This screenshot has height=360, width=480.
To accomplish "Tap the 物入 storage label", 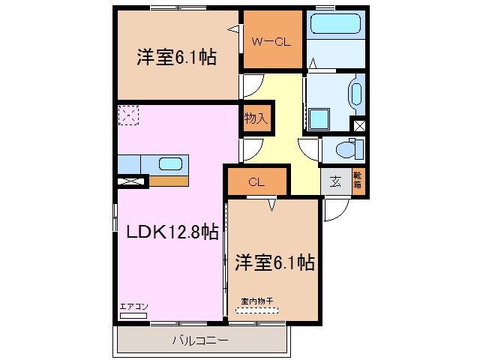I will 254,119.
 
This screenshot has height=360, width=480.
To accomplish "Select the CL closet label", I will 256,181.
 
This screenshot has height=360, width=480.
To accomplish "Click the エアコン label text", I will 134,306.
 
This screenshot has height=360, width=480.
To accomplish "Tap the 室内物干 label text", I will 257,301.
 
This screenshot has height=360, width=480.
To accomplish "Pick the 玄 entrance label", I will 335,181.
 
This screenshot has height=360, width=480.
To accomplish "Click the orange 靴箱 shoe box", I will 358,181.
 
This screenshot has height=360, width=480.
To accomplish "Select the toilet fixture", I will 348,149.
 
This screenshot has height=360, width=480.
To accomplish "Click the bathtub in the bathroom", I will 335,25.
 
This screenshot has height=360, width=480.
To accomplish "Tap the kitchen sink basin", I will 170,163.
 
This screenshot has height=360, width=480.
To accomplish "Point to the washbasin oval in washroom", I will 356,94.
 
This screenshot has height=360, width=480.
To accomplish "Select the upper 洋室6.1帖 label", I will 176,57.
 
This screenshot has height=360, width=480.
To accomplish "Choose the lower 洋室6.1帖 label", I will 274,262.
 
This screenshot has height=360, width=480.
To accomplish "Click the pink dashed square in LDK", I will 128,115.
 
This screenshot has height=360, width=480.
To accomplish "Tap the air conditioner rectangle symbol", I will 133,316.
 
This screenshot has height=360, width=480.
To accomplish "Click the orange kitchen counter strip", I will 168,180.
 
